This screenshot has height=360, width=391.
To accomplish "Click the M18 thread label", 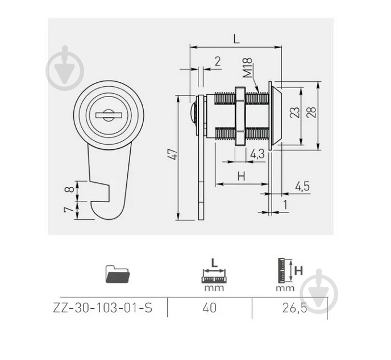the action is (x=247, y=68).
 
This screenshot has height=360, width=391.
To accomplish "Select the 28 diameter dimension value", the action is (x=311, y=112).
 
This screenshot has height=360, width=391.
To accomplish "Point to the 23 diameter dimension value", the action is (x=294, y=112).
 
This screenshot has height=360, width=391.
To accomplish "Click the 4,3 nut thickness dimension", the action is (x=257, y=154).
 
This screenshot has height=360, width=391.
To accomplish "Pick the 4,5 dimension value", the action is (x=302, y=186).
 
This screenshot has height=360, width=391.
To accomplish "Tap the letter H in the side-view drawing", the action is (x=242, y=176).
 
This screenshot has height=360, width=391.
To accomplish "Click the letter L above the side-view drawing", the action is (x=236, y=39).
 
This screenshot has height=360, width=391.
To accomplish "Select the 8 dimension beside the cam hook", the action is (x=69, y=189).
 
